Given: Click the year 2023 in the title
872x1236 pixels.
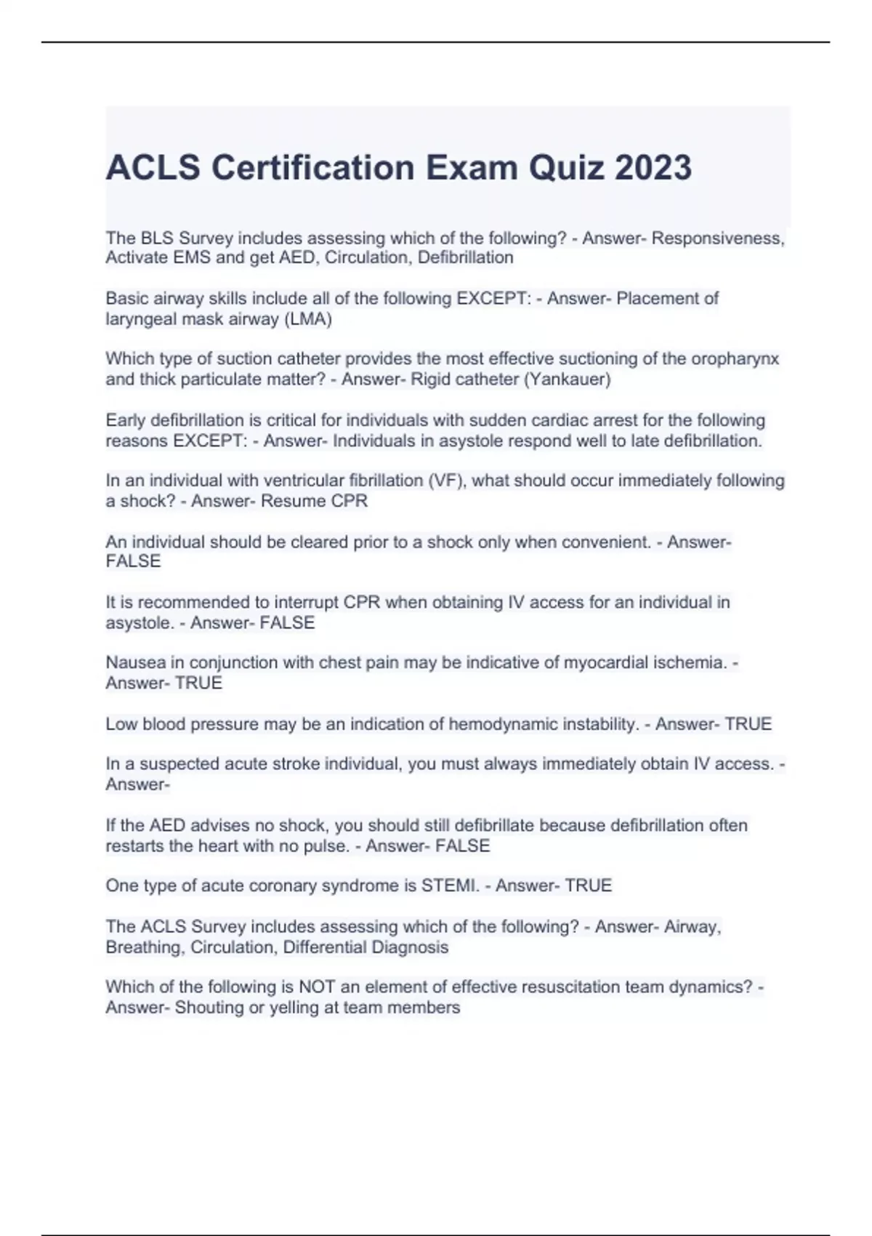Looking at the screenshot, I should coord(653,168).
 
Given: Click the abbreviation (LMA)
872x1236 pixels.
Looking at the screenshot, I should coord(308,319).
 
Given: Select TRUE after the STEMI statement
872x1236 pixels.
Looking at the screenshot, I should coord(589,886).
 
